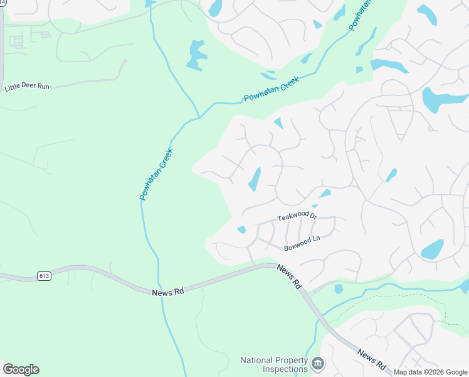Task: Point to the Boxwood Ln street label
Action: [302, 244]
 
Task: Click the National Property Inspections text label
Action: [275, 364]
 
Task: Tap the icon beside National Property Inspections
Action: [318, 363]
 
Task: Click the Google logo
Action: [21, 369]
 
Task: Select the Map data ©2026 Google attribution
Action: [430, 372]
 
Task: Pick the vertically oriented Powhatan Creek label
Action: [155, 175]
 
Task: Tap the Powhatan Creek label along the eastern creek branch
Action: [271, 90]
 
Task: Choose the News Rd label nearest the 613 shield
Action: [166, 292]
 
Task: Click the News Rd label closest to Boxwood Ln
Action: [288, 277]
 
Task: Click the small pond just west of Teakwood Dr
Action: [241, 229]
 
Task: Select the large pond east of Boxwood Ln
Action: [432, 249]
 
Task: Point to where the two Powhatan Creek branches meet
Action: [199, 116]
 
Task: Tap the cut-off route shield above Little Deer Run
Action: [3, 3]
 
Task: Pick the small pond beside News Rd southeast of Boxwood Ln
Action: [339, 289]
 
